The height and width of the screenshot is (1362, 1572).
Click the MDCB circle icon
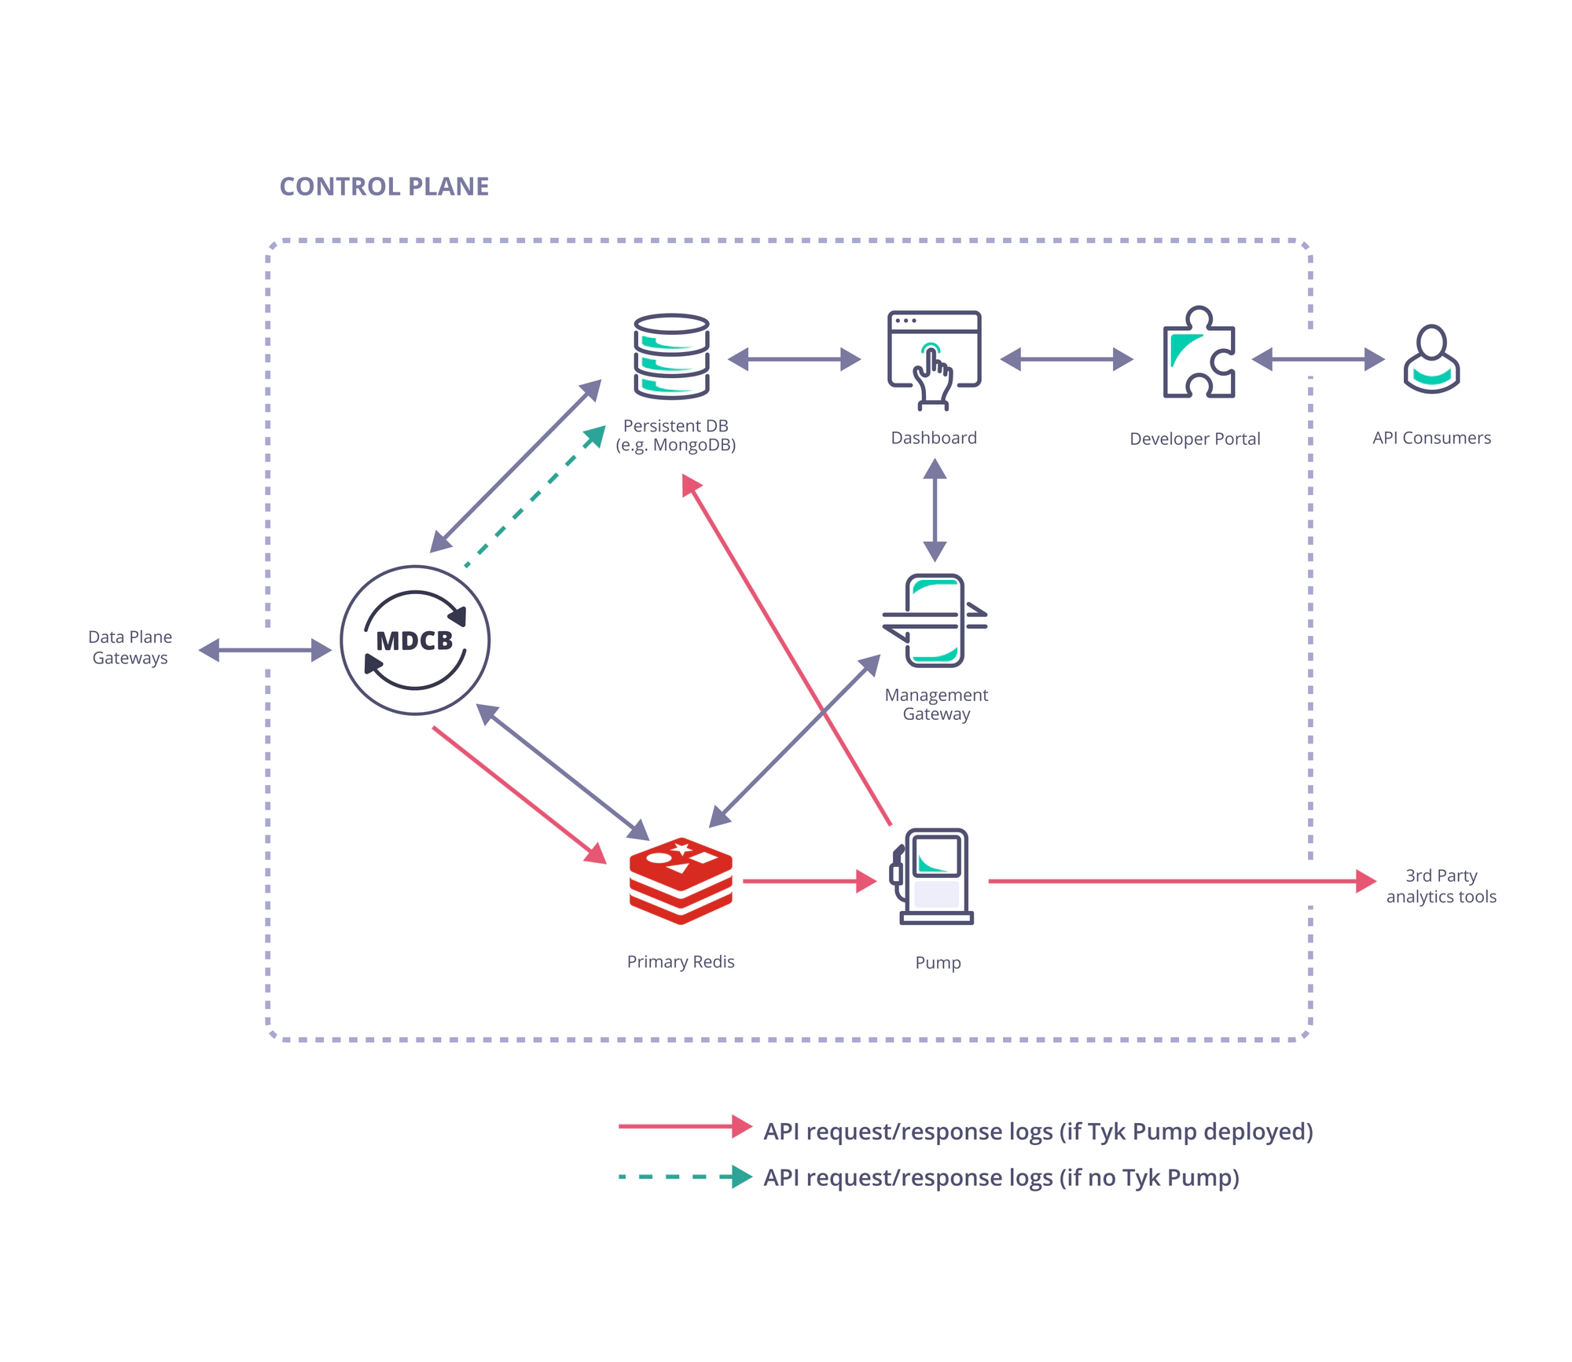pyautogui.click(x=415, y=641)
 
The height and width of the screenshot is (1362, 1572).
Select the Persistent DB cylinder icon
pyautogui.click(x=672, y=357)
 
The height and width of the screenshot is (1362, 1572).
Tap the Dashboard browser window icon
pyautogui.click(x=934, y=358)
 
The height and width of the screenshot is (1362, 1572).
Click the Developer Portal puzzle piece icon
pyautogui.click(x=1198, y=353)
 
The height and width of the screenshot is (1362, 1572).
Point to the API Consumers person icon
pyautogui.click(x=1431, y=359)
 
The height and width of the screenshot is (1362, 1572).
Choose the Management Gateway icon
pyautogui.click(x=935, y=621)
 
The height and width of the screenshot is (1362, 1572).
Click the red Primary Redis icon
pyautogui.click(x=681, y=881)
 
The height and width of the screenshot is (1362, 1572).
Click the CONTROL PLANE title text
pyautogui.click(x=384, y=186)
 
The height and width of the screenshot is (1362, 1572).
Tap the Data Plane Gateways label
pyautogui.click(x=130, y=648)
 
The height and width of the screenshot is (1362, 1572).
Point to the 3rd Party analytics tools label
pyautogui.click(x=1441, y=887)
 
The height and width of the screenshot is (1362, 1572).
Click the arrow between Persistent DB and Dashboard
pyautogui.click(x=794, y=359)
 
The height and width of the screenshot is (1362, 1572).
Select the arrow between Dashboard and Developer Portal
pyautogui.click(x=1067, y=359)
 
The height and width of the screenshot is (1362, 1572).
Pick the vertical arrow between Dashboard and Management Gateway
pyautogui.click(x=935, y=510)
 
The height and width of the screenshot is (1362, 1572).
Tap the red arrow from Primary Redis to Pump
pyautogui.click(x=809, y=881)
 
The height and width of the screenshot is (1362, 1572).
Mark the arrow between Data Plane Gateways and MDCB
pyautogui.click(x=265, y=650)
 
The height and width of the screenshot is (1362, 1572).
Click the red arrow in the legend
pyautogui.click(x=685, y=1126)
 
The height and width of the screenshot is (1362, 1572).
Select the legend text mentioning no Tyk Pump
pyautogui.click(x=1001, y=1177)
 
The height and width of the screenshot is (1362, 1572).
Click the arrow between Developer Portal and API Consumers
pyautogui.click(x=1317, y=359)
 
